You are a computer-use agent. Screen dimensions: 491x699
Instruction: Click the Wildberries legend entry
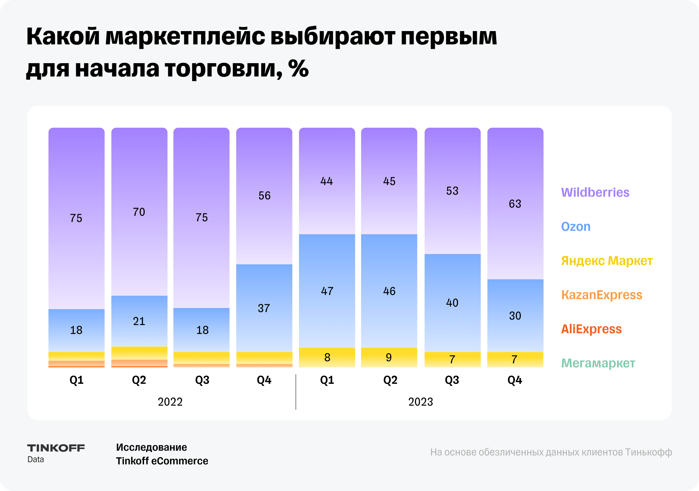coord(595,193)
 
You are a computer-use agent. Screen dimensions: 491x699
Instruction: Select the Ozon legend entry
coord(575,227)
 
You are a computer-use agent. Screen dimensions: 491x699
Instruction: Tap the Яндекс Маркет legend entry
coord(607,261)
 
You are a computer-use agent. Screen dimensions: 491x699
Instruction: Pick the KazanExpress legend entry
coord(601,295)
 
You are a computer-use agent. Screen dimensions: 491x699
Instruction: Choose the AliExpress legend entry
coord(591,329)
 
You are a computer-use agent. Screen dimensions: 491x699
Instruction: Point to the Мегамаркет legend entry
coord(598,363)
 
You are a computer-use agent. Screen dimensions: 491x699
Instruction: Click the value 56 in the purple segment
coord(264,196)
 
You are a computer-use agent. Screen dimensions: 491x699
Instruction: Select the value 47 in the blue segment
coord(327,291)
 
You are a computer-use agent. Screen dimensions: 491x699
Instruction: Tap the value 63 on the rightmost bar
coord(515,204)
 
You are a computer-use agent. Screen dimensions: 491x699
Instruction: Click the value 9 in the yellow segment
coord(389,357)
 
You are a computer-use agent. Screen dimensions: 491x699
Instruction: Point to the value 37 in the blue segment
coord(264,308)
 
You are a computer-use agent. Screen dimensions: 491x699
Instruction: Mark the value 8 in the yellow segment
coord(327,357)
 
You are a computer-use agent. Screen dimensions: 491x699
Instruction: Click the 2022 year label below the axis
coord(170,402)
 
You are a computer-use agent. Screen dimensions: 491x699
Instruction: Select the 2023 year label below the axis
coord(420,402)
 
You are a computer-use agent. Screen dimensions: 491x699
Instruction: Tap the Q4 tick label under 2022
coord(264,380)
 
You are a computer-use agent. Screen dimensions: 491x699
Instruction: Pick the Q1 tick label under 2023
coord(327,380)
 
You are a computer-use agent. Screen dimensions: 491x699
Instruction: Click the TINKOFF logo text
coord(56,448)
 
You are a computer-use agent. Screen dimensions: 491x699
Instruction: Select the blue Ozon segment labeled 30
coord(515,315)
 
